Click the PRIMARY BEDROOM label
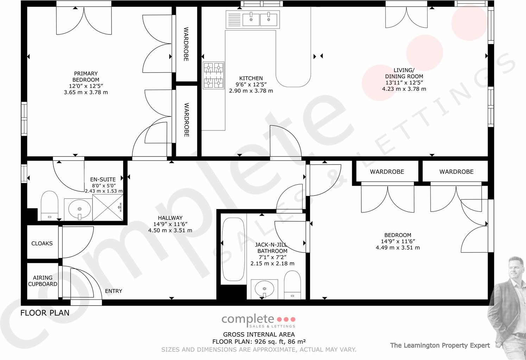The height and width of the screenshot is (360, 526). tap(86, 77)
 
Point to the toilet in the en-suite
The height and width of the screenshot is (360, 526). tap(49, 206)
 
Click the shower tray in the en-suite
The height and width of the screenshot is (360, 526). tap(108, 210)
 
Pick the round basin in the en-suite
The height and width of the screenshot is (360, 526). tap(78, 209)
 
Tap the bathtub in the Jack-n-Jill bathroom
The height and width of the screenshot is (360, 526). tap(233, 249)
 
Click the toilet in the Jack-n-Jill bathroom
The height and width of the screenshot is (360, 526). tap(292, 284)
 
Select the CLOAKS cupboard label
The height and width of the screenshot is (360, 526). tap(42, 243)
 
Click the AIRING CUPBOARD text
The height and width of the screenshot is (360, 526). tap(43, 281)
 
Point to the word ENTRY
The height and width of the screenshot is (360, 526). tap(113, 291)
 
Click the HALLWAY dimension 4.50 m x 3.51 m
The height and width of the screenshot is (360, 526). tap(170, 231)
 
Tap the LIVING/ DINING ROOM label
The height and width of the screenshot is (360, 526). tap(404, 73)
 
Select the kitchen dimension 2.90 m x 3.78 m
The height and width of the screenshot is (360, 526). tap(251, 91)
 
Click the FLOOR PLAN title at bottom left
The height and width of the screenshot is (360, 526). tap(45, 313)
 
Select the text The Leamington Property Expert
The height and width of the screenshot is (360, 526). tap(440, 345)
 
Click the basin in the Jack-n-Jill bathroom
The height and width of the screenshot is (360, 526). tap(264, 289)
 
